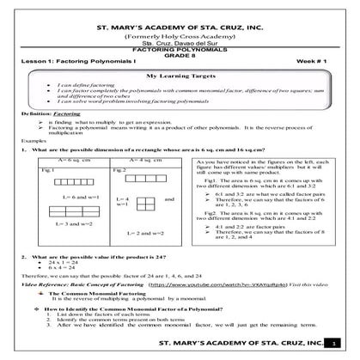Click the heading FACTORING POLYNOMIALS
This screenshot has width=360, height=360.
(x=179, y=52)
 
